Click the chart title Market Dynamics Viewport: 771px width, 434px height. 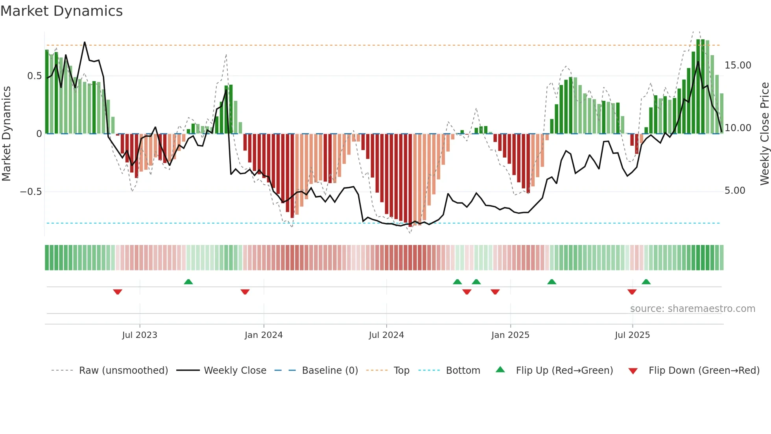pyautogui.click(x=61, y=11)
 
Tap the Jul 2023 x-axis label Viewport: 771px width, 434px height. pyautogui.click(x=139, y=335)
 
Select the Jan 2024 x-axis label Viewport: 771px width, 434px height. pyautogui.click(x=264, y=335)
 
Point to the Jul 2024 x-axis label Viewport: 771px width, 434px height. pyautogui.click(x=386, y=335)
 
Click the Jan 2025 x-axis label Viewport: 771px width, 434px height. pyautogui.click(x=510, y=335)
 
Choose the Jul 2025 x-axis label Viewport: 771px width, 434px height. pyautogui.click(x=632, y=335)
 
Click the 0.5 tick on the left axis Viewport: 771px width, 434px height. pyautogui.click(x=34, y=76)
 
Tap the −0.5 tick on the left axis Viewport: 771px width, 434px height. pyautogui.click(x=31, y=192)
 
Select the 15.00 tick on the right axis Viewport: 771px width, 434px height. pyautogui.click(x=738, y=65)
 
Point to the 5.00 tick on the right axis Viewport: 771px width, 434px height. pyautogui.click(x=735, y=191)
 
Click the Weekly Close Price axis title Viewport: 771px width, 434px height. pyautogui.click(x=764, y=134)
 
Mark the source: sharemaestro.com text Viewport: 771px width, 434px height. pyautogui.click(x=692, y=309)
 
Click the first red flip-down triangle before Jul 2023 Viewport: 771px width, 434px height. pyautogui.click(x=117, y=292)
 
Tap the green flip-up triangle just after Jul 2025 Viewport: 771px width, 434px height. pyautogui.click(x=646, y=282)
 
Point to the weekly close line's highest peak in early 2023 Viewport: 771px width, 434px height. pyautogui.click(x=85, y=42)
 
